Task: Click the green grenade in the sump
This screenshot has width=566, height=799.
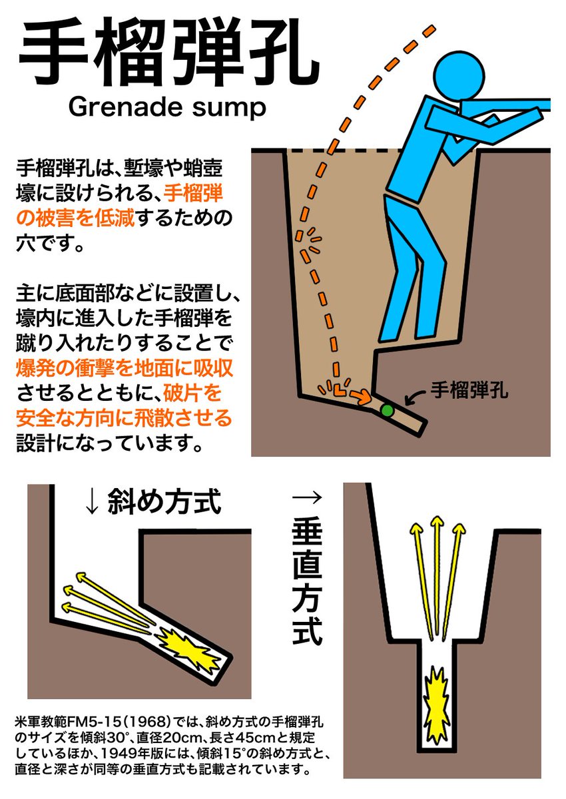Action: [386, 410]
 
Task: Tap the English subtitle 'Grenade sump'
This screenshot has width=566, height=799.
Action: [167, 107]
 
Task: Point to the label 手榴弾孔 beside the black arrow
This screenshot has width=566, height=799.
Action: [469, 390]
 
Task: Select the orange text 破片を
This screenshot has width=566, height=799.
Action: [192, 393]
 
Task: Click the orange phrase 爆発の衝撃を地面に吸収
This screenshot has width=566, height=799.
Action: [125, 368]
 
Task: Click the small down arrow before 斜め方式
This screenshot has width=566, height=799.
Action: [92, 503]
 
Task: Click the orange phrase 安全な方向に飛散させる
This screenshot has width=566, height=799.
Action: [124, 417]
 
